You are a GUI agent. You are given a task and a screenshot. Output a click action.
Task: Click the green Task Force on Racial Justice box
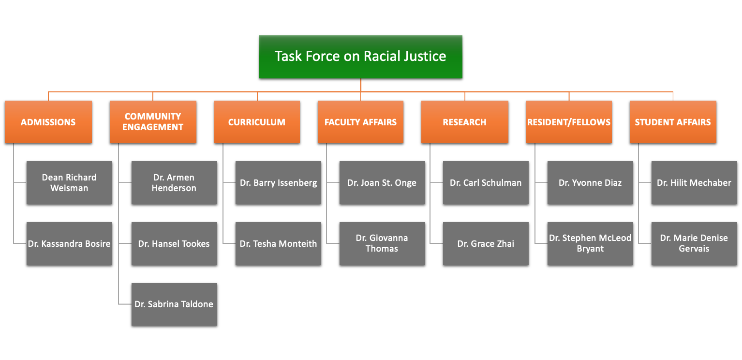[361, 57]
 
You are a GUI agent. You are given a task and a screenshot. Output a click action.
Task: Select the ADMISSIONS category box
[48, 122]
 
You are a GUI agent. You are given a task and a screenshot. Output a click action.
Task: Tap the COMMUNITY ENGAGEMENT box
[153, 122]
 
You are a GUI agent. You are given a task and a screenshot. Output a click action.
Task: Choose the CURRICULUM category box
[257, 122]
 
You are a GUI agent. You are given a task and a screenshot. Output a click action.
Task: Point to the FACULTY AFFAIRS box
[360, 122]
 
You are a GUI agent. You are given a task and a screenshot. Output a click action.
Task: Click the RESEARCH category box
[465, 122]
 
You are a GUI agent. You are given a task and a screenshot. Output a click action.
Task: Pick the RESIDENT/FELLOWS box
[569, 122]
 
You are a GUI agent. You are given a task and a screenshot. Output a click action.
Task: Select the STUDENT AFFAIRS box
[673, 122]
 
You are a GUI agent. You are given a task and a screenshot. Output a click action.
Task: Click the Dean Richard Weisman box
[69, 182]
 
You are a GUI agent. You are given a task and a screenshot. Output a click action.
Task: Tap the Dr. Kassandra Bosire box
[69, 244]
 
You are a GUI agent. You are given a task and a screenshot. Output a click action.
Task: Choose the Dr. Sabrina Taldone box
[174, 304]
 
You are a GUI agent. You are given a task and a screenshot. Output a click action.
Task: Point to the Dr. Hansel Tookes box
[174, 244]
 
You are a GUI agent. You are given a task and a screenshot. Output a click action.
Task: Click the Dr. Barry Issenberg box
[278, 182]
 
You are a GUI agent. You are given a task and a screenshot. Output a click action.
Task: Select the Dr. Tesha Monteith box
[278, 244]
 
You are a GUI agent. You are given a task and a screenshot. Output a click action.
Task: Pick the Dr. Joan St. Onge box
[382, 182]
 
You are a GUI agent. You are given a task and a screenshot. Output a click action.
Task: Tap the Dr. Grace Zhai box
[486, 244]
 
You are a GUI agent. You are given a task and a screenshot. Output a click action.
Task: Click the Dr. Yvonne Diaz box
[590, 182]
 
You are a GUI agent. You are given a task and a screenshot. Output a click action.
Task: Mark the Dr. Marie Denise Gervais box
[694, 244]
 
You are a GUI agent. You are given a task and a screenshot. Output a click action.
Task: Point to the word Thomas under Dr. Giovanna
[382, 249]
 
